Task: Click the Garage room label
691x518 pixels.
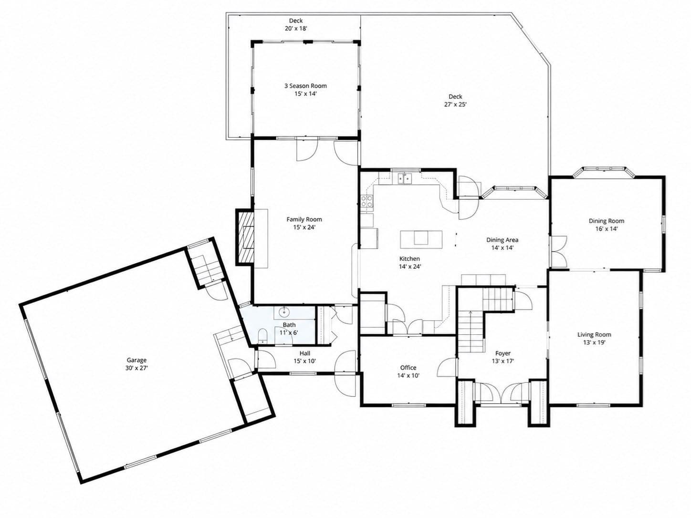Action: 136,360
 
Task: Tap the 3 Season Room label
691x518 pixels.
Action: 305,85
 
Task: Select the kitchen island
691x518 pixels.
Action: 421,239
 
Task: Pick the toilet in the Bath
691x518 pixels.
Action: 262,336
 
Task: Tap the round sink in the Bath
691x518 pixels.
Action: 285,312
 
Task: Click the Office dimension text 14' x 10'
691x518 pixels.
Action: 408,375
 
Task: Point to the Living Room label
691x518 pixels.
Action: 594,335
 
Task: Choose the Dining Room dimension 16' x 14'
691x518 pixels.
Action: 607,228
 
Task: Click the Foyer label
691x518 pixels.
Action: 503,353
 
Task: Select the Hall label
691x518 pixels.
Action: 305,353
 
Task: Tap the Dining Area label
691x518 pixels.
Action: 502,239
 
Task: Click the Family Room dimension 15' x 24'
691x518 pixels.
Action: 304,227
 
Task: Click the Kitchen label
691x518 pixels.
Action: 409,259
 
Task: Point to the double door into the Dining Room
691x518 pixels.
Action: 559,252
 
